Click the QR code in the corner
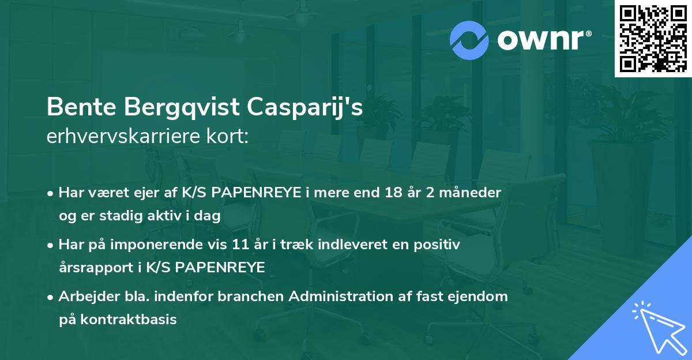[653, 39]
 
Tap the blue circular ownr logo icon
[469, 40]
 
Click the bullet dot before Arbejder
[51, 297]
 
